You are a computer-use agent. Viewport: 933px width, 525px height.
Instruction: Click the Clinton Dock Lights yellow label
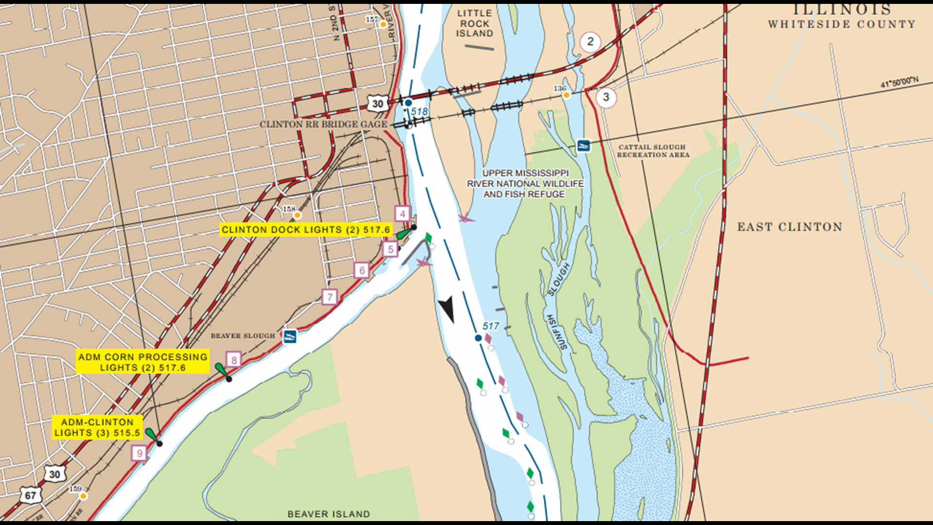tap(306, 229)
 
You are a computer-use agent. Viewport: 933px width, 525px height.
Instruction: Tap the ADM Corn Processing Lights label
tap(143, 362)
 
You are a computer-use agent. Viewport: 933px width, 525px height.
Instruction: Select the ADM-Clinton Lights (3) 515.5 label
tap(97, 427)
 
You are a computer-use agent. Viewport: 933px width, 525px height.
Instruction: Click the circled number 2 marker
tap(590, 42)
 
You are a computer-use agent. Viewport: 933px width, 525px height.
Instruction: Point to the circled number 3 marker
tap(605, 97)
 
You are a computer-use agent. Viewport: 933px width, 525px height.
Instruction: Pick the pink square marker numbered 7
tap(329, 297)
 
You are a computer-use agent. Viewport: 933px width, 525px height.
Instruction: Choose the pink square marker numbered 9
tap(139, 454)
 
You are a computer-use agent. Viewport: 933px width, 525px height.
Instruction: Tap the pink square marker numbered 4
tap(402, 213)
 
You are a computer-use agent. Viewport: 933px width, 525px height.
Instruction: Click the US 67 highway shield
tap(30, 495)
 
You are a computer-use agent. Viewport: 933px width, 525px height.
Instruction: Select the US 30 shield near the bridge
tap(378, 103)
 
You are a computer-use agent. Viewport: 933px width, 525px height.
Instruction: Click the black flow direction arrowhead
tap(447, 309)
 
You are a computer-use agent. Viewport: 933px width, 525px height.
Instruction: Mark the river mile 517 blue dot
tap(478, 338)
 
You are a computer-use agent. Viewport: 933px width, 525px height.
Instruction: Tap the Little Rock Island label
tap(474, 23)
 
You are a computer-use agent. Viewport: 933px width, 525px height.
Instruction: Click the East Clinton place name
tap(790, 227)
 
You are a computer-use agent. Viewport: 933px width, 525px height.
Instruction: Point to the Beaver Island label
tap(328, 514)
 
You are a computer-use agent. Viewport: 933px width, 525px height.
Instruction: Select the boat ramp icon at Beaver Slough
tap(290, 336)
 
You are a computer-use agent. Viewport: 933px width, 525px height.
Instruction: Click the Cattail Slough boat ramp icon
tap(583, 145)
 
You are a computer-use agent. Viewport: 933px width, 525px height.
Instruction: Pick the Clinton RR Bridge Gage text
tap(323, 124)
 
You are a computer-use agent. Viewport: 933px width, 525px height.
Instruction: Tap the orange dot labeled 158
tap(297, 215)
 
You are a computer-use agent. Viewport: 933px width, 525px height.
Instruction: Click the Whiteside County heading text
tap(842, 24)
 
